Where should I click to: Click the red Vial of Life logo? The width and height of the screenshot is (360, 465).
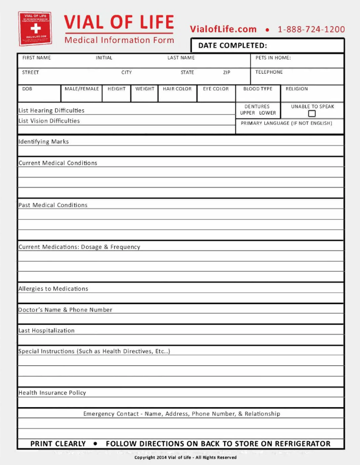pos(35,28)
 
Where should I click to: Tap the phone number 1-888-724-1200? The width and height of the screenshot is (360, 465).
pos(311,30)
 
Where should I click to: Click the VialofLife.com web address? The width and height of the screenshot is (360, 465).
pos(223,30)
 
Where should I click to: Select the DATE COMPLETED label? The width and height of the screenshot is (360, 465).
pos(233,46)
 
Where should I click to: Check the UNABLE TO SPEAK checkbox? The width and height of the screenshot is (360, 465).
pos(312,114)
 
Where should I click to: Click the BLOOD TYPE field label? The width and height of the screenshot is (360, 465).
pos(258,89)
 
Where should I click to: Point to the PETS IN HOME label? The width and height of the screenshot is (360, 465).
pos(273,58)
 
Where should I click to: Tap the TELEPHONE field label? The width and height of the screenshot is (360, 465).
pos(269,72)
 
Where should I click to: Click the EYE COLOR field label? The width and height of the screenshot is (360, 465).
pos(216,89)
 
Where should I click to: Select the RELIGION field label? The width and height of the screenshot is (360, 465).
pos(296,89)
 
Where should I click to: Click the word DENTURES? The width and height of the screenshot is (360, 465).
pos(257,107)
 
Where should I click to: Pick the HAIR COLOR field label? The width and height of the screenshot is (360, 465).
pos(177,89)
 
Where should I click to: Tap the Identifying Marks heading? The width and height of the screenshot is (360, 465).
pos(44,142)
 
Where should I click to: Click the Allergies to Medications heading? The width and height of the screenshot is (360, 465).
pos(53,289)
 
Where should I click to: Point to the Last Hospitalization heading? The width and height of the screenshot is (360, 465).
pos(46,331)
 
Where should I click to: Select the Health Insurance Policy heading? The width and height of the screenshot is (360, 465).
pos(52,393)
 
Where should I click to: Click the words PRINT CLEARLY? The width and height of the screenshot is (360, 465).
pos(58,444)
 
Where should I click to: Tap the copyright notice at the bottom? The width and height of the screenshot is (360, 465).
pos(185,458)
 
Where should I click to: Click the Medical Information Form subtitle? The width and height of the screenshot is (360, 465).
pos(119,40)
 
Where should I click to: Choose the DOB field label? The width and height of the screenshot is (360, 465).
pos(27,89)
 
